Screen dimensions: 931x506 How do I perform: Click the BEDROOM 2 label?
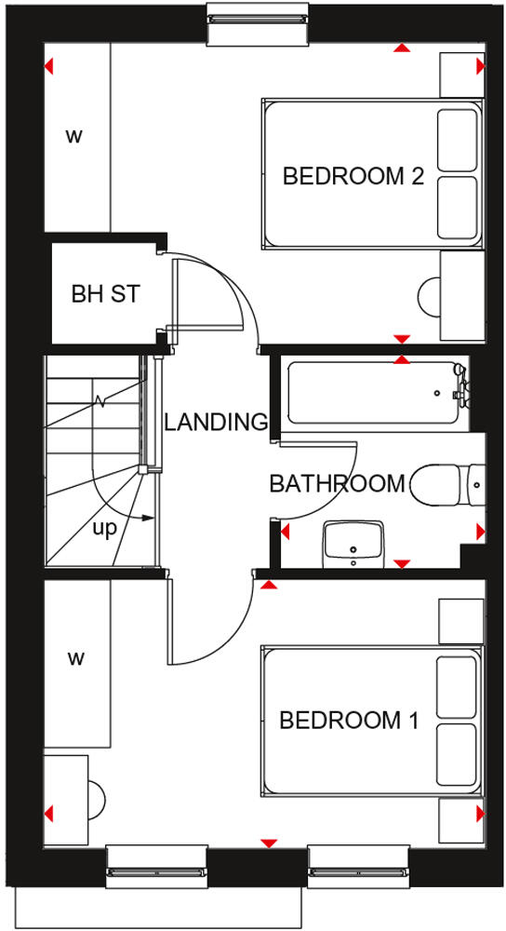353,176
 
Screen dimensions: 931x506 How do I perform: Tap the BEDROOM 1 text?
350,721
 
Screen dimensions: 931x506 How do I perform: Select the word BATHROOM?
337,484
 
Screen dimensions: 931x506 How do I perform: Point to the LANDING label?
215,422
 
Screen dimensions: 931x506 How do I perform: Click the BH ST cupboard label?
105,294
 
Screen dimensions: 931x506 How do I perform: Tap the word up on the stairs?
104,528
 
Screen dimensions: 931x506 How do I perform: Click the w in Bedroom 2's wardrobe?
73,137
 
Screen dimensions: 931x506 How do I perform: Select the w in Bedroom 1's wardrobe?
75,659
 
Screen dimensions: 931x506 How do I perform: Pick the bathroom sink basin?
353,543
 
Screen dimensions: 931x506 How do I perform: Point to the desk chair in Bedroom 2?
430,296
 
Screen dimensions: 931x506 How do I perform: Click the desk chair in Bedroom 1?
96,798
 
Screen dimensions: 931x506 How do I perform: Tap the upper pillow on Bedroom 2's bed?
456,140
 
